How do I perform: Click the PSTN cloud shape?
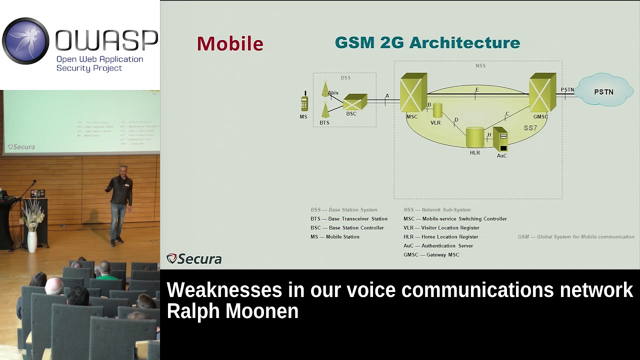603,91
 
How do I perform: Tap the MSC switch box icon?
413,93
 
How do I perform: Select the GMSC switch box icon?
542,93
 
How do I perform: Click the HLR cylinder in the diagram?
474,137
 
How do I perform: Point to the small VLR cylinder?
437,110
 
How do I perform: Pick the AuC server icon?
500,139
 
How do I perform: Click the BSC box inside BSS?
354,102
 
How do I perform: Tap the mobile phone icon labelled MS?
304,102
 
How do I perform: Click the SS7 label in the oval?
530,128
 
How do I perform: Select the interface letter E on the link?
477,90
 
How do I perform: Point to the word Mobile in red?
230,43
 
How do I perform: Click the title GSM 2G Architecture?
427,42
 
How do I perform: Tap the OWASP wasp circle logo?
25,41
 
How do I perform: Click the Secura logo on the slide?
194,258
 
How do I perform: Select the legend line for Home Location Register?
440,236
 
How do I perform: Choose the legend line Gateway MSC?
431,254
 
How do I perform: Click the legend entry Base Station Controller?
347,227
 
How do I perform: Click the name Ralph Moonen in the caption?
232,311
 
